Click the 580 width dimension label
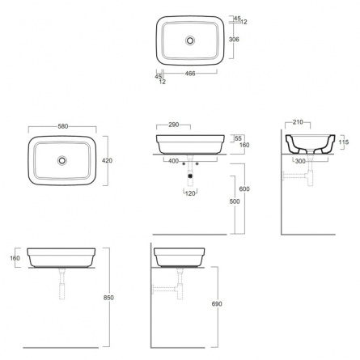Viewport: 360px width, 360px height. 63,126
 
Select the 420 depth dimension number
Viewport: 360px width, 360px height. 107,160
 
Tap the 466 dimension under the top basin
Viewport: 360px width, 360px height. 190,74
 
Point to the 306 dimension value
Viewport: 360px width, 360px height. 234,40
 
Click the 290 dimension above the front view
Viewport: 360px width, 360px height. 174,125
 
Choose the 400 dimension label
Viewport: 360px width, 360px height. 173,161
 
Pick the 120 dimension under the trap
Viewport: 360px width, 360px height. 190,193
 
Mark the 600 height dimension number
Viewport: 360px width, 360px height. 244,189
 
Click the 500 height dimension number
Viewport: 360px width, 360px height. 235,201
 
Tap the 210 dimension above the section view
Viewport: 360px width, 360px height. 298,122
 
